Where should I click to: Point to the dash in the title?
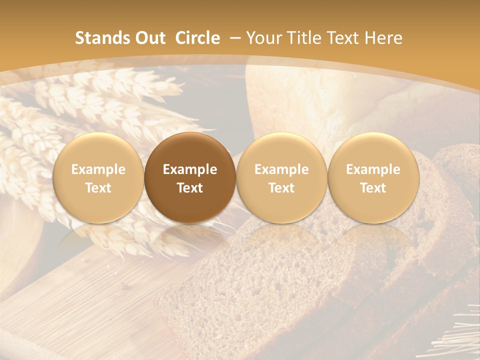click(x=235, y=38)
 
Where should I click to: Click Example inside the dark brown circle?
click(x=190, y=169)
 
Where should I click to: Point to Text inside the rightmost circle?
click(x=373, y=188)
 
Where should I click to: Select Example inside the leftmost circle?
click(x=98, y=169)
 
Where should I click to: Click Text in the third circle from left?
click(x=281, y=188)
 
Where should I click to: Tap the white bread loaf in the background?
click(x=300, y=95)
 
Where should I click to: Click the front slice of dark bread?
click(x=260, y=290)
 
